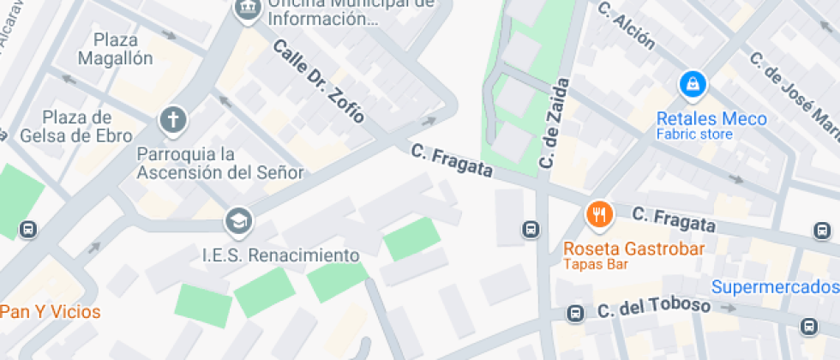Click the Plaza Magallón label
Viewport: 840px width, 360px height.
click(x=115, y=49)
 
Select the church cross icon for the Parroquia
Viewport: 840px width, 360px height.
click(x=172, y=121)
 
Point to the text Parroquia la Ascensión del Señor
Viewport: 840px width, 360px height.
click(x=220, y=163)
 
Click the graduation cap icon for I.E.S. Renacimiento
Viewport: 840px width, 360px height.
click(x=239, y=222)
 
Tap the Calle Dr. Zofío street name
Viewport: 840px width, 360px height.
click(x=319, y=81)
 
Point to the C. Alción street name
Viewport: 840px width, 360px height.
click(x=627, y=27)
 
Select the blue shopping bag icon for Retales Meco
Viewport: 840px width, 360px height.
click(x=692, y=84)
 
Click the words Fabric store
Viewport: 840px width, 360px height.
click(x=694, y=135)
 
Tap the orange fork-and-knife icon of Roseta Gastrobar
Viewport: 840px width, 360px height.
click(x=599, y=214)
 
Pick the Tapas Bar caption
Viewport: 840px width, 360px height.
click(x=596, y=265)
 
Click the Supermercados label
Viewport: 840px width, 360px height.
click(x=775, y=286)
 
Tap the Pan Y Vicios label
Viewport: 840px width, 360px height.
click(x=50, y=312)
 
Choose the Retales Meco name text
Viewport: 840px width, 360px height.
click(x=711, y=119)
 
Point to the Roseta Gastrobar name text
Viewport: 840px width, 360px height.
click(x=633, y=249)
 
